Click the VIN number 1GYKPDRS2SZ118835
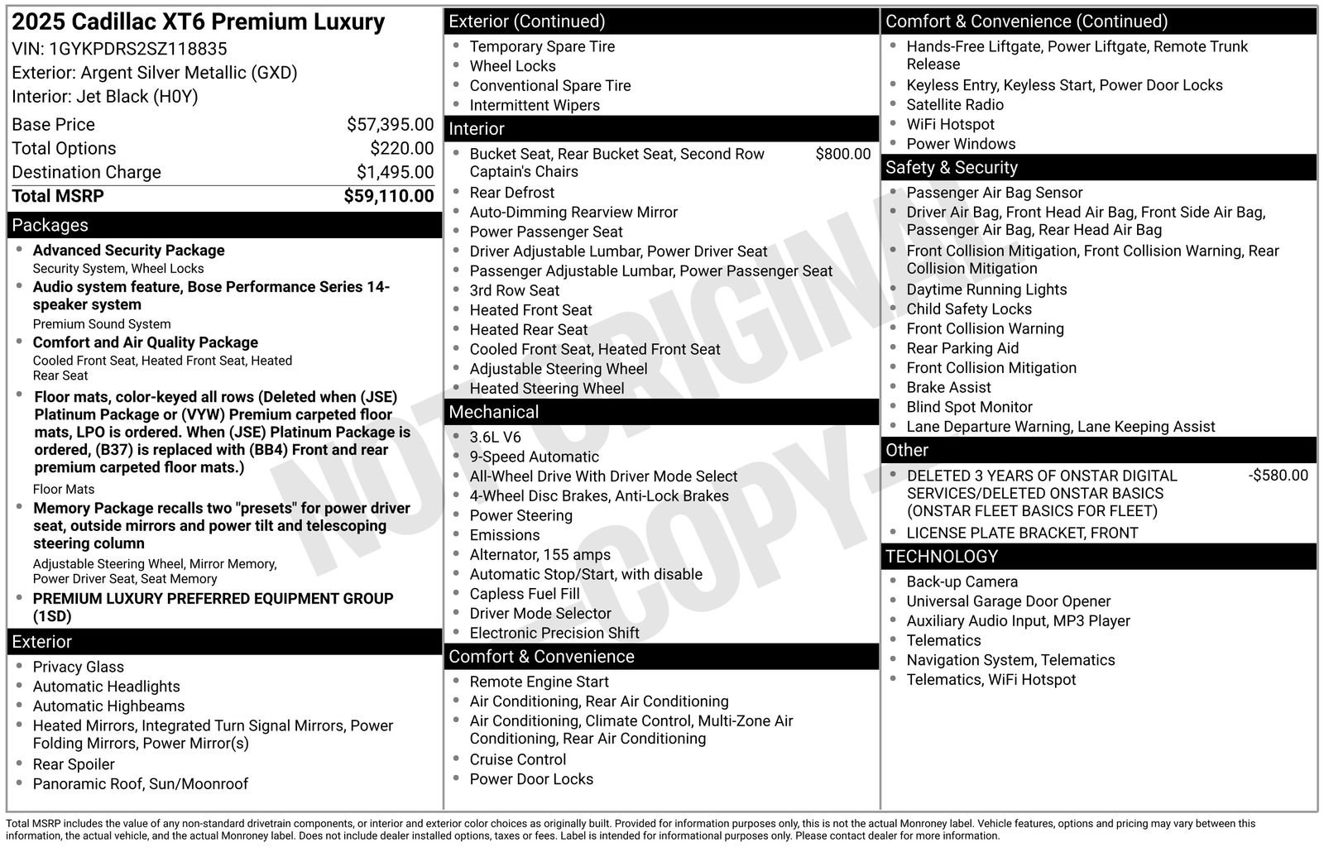point(137,49)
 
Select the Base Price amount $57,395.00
point(390,125)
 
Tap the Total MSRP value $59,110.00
point(388,196)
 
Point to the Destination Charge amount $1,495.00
point(395,172)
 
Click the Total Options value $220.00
point(401,149)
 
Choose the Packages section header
point(50,225)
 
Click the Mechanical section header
point(493,412)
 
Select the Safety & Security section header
point(951,167)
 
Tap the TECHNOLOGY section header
point(942,557)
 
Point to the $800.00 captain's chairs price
point(842,154)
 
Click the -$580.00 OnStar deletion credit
point(1278,476)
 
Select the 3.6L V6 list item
point(495,438)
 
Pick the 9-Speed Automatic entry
point(534,457)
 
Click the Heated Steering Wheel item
point(546,389)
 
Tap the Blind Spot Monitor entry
point(969,407)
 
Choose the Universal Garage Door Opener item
point(1008,601)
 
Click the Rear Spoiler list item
point(74,764)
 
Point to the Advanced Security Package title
point(128,251)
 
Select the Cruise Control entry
point(517,759)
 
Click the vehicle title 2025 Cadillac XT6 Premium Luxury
point(199,22)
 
